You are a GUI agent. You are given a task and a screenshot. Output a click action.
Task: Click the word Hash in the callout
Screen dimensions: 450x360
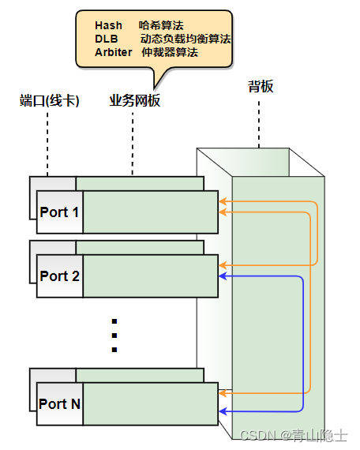(x=108, y=26)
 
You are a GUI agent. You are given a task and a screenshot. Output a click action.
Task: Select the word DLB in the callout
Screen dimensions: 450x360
(x=105, y=39)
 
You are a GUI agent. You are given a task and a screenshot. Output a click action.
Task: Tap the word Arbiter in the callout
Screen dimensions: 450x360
(x=114, y=52)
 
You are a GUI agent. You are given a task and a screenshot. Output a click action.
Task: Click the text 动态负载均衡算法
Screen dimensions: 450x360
(x=186, y=39)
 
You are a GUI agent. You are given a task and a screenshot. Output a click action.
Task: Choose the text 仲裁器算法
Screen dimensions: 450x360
(x=169, y=52)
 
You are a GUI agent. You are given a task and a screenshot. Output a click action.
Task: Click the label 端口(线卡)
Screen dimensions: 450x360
(x=49, y=101)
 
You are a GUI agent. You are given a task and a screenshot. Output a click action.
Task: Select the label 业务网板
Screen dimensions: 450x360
(x=134, y=101)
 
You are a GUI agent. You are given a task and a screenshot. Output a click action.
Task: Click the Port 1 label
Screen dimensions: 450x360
(x=59, y=212)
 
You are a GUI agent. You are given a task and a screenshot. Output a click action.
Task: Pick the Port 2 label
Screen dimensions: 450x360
(x=59, y=276)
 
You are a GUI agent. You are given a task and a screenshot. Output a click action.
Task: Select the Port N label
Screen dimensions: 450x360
(x=59, y=403)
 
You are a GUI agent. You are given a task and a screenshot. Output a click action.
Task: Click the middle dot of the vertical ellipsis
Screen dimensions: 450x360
(x=114, y=336)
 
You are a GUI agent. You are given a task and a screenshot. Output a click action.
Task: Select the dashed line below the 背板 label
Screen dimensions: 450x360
(x=259, y=122)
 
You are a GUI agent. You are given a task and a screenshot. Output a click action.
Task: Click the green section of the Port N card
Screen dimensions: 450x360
(x=150, y=403)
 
